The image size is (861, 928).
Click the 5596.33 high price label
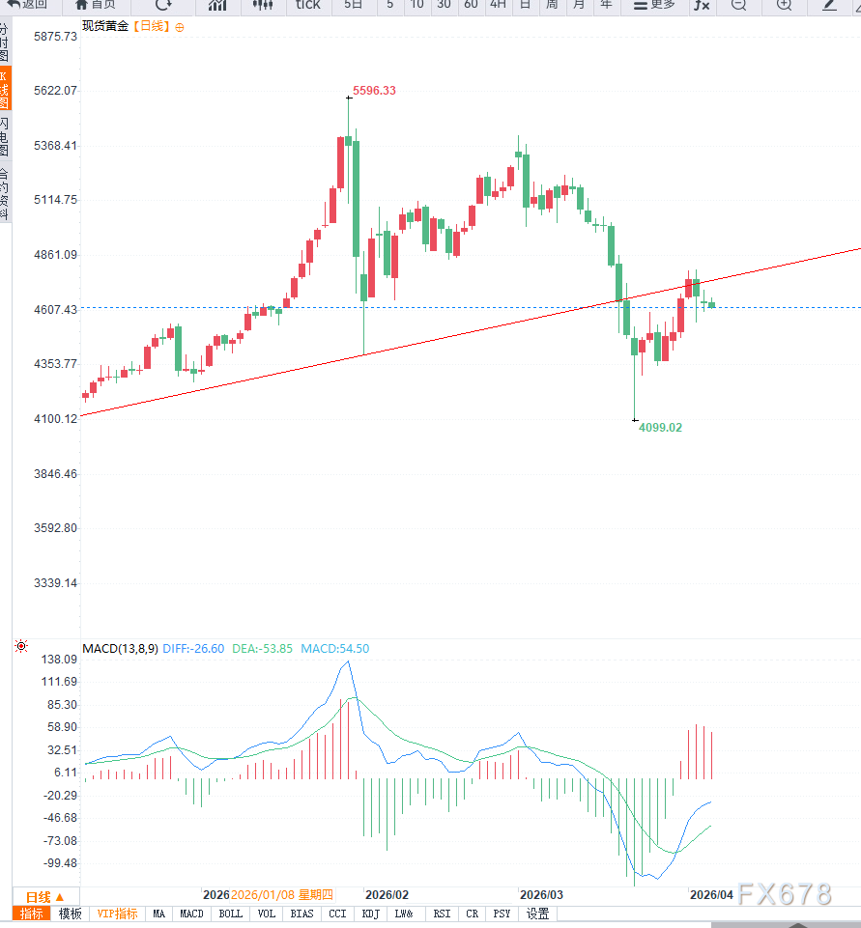[374, 91]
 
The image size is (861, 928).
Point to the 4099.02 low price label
[660, 427]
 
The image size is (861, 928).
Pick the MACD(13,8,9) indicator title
[120, 648]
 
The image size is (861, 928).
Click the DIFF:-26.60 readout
[193, 648]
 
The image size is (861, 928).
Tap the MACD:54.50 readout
[334, 648]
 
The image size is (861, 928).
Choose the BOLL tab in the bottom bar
[230, 914]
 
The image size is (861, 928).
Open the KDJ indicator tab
[371, 914]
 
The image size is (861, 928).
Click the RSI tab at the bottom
[442, 914]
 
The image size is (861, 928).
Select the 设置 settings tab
[537, 914]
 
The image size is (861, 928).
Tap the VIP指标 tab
[117, 914]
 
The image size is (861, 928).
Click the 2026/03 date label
[540, 895]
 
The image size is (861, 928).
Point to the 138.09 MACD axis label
[58, 659]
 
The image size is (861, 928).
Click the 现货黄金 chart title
[105, 26]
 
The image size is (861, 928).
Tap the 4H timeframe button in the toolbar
[498, 5]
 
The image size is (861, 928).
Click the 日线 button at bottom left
[44, 896]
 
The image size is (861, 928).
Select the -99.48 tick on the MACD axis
[58, 862]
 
